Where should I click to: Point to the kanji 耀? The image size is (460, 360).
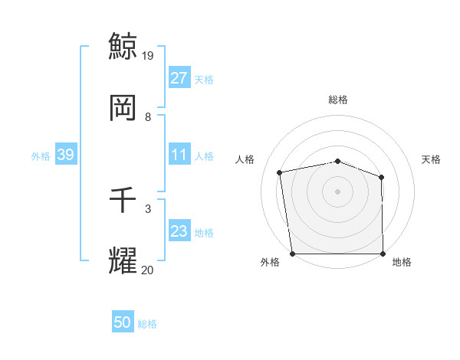123,260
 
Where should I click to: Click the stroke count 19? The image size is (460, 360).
148,56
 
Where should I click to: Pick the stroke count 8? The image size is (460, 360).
148,116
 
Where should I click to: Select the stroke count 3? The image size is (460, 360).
148,208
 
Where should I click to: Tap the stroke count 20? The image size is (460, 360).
148,270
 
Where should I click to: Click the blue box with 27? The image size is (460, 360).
179,78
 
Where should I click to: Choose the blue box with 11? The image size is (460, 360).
179,155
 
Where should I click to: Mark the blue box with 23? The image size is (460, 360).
179,231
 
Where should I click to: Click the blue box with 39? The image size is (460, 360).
65,155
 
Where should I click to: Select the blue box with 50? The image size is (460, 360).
123,322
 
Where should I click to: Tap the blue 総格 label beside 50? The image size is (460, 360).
147,324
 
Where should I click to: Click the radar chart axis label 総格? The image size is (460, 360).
338,100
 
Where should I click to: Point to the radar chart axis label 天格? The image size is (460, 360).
431,159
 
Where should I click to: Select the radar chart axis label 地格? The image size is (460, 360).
402,262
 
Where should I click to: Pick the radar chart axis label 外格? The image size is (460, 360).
270,262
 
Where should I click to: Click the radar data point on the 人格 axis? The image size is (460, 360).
280,172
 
